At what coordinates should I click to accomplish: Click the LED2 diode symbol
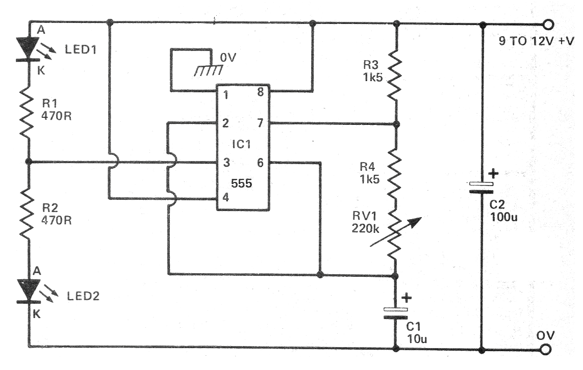pyautogui.click(x=30, y=290)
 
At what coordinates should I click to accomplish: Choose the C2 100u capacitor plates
pyautogui.click(x=481, y=188)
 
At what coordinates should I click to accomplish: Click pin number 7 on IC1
pyautogui.click(x=260, y=123)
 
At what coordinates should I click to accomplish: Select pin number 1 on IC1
pyautogui.click(x=225, y=94)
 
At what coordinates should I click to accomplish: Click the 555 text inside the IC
pyautogui.click(x=242, y=183)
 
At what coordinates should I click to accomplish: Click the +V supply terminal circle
pyautogui.click(x=548, y=24)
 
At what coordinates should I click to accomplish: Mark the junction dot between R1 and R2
pyautogui.click(x=30, y=162)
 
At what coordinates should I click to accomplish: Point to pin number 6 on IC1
pyautogui.click(x=260, y=163)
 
